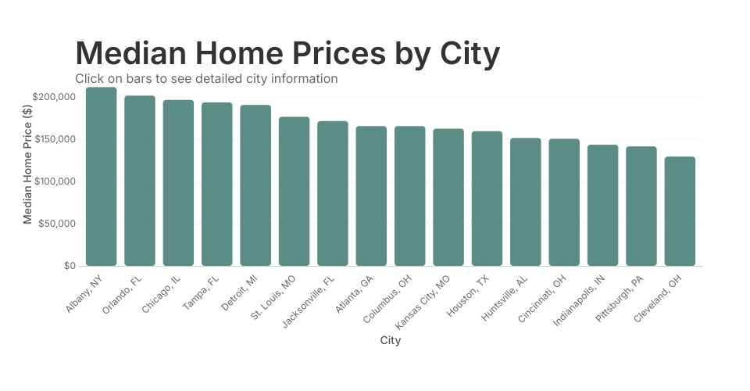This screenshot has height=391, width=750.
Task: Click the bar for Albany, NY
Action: point(101,177)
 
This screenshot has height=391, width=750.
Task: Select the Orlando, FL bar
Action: point(140,181)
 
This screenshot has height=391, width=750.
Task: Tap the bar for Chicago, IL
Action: point(178,183)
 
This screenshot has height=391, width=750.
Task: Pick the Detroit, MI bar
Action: point(255,185)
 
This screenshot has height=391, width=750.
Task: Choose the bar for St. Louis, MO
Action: point(294,192)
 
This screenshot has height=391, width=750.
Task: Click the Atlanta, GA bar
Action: point(371,196)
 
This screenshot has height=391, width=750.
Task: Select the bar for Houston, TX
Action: point(487,199)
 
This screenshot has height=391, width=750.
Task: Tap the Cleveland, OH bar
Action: point(680,211)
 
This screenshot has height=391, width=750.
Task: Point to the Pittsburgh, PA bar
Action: point(641,206)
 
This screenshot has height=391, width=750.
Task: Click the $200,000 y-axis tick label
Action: point(54,97)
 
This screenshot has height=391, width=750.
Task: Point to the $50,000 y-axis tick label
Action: point(56,224)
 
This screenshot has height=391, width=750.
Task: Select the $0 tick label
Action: point(70,266)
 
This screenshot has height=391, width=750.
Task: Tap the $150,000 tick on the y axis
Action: point(54,139)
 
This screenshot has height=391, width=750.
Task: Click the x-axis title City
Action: point(391,340)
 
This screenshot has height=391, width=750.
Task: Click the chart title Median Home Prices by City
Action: point(287,53)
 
